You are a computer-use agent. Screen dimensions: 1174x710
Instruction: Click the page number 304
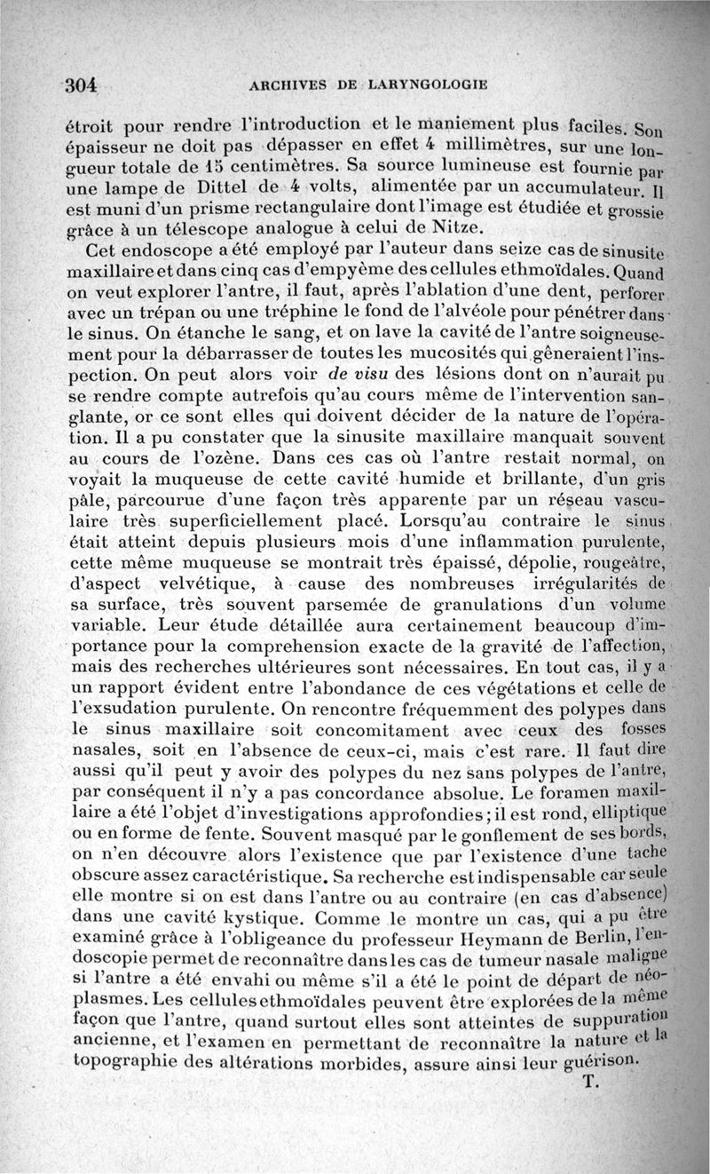[81, 86]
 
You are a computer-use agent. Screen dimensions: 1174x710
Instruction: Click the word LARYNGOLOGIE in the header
[430, 85]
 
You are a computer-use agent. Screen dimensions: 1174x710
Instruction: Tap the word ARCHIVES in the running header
[288, 85]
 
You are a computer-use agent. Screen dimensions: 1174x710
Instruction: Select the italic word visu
[331, 380]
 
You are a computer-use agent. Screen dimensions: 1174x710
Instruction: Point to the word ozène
[238, 461]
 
